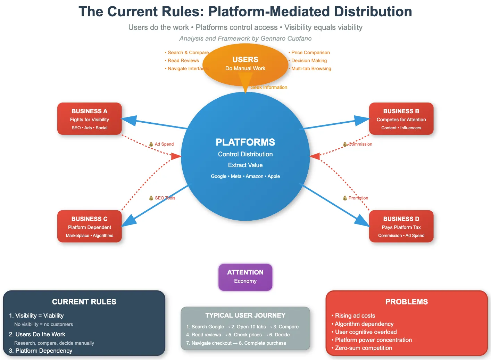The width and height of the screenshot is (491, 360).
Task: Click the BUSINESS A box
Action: coord(89,119)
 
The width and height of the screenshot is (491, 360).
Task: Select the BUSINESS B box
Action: coord(401,119)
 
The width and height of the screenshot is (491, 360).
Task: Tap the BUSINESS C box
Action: coord(89,227)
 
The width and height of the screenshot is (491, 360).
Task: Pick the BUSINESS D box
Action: coord(401,227)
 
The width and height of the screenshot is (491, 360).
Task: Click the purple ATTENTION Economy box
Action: coord(245,277)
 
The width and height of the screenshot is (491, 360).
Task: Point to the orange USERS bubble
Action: coord(245,64)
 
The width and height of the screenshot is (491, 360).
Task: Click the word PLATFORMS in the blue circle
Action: coord(245,142)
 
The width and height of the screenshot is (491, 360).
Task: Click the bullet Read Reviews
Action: coord(183,60)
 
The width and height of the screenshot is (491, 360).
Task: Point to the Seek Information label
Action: coord(269,88)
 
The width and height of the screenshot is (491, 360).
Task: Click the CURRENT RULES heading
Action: coord(84,302)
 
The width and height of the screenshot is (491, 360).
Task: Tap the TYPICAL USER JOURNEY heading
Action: coord(245,315)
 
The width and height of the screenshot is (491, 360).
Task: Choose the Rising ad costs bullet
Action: coord(355,316)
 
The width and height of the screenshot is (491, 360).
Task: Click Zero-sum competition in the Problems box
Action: coord(363,348)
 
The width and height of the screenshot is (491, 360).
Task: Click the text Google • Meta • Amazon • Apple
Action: coord(245,176)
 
